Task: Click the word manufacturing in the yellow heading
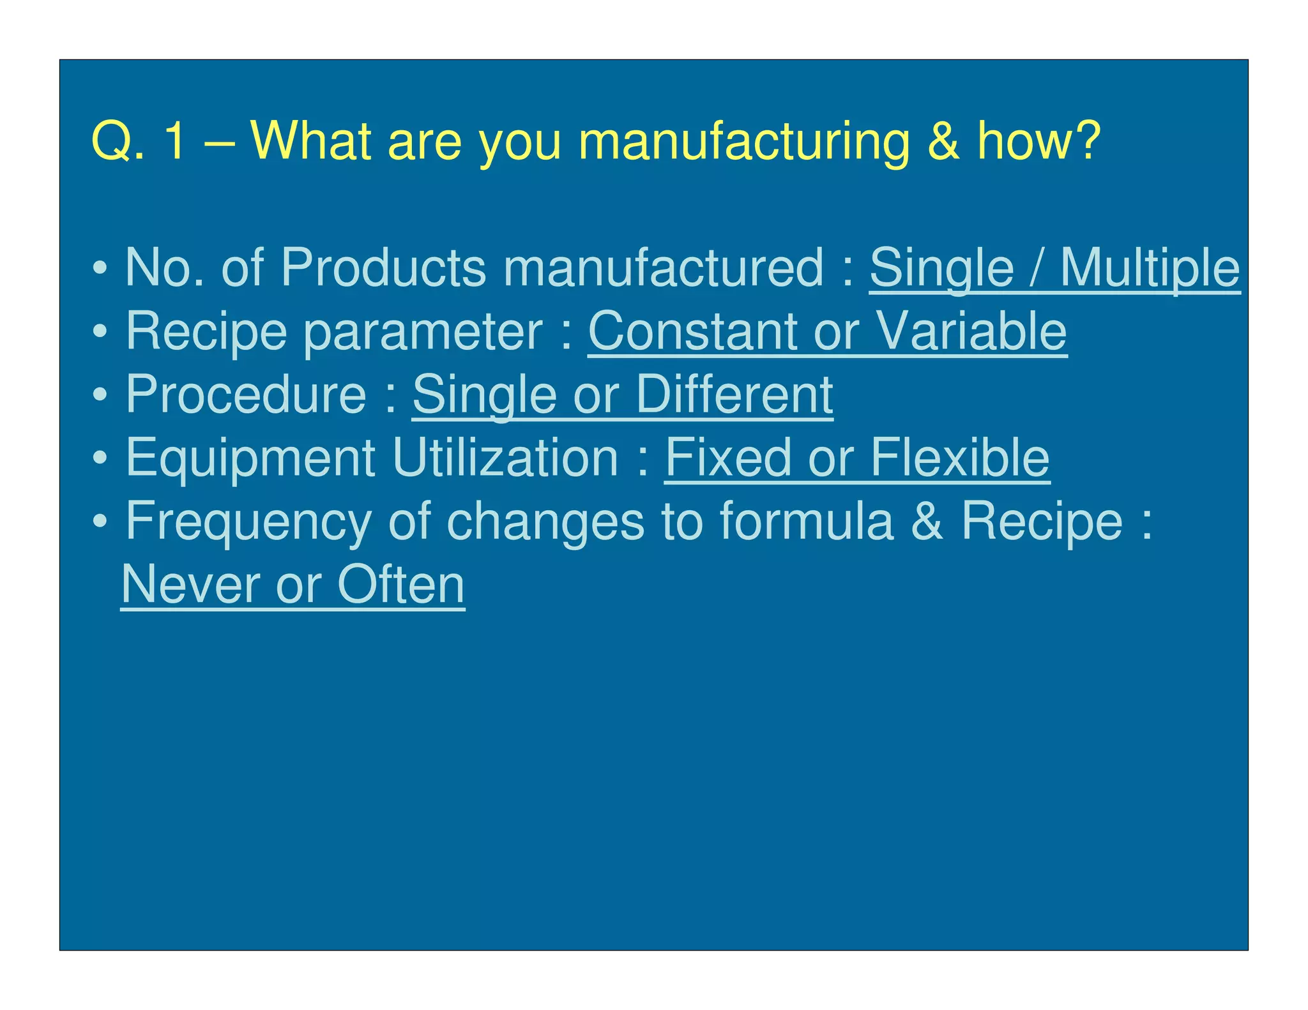(x=743, y=142)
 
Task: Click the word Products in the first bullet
(x=383, y=268)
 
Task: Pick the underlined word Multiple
(x=1150, y=269)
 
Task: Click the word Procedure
(x=246, y=394)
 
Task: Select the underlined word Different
(x=734, y=395)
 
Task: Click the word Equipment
(x=250, y=458)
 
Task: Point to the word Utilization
(x=505, y=457)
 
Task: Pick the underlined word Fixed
(x=728, y=457)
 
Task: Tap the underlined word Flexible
(x=960, y=457)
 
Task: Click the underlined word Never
(x=190, y=584)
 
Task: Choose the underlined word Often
(x=401, y=584)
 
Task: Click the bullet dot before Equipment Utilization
(x=100, y=458)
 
